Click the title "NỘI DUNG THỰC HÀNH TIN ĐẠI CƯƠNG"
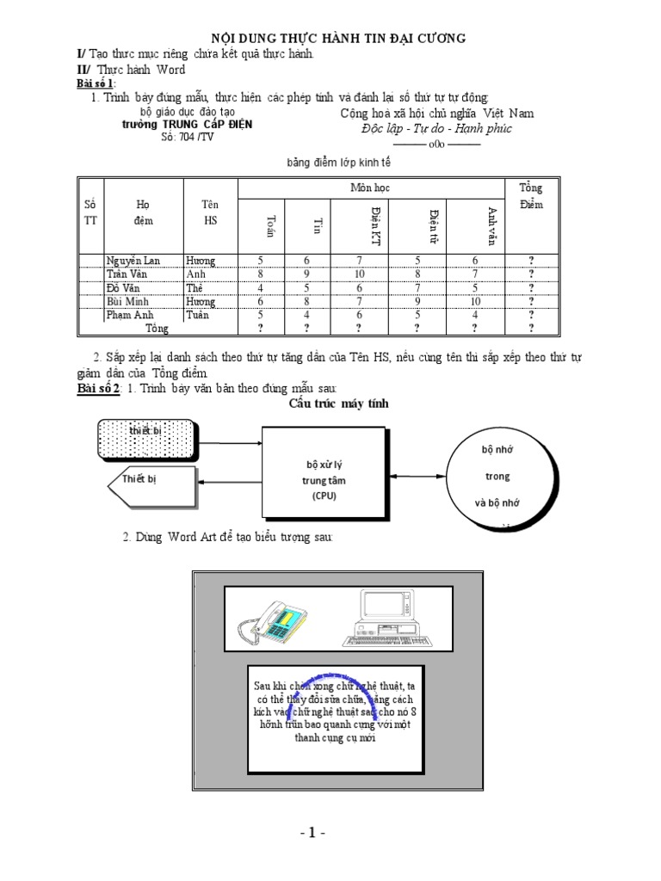(x=339, y=38)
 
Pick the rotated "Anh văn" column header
(x=491, y=226)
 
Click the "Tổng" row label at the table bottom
(x=157, y=329)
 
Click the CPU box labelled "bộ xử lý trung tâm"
(x=324, y=480)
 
